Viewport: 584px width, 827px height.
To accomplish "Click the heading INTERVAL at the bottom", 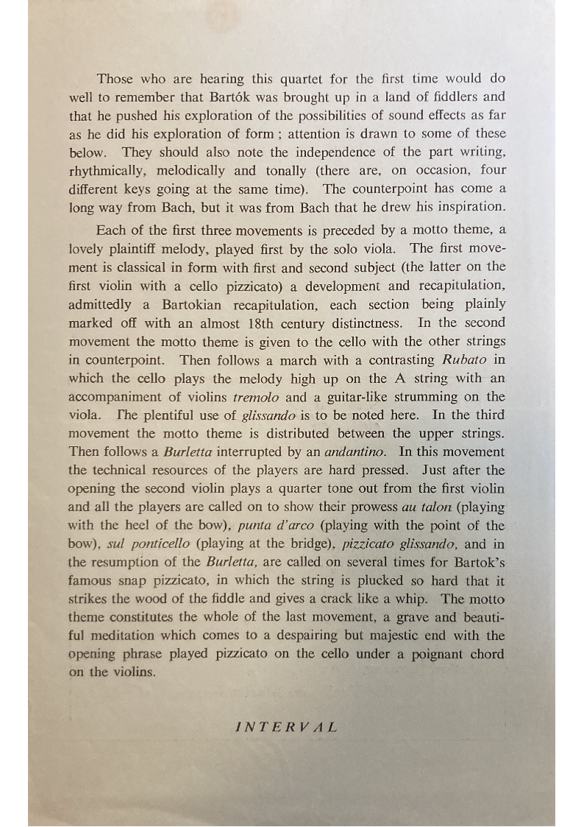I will pos(287,727).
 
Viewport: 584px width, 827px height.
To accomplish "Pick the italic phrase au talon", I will pos(429,507).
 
